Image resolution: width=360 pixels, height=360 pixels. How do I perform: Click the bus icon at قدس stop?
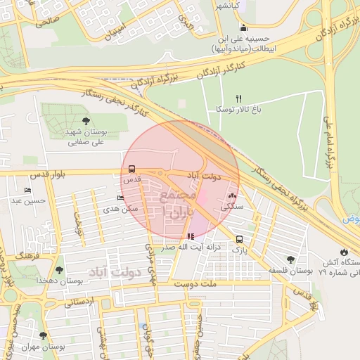click(x=131, y=169)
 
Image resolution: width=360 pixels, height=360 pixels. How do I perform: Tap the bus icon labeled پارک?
click(x=240, y=239)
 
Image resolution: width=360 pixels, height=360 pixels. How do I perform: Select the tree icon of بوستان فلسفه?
click(x=290, y=259)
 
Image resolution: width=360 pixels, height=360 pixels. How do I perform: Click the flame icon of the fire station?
click(x=343, y=252)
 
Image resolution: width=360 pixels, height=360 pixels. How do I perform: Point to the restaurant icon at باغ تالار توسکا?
click(x=239, y=98)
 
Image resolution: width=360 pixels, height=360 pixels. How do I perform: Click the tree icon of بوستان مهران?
click(x=44, y=336)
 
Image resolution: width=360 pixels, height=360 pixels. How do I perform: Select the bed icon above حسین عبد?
click(x=27, y=191)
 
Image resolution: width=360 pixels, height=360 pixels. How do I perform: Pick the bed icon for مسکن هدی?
click(x=120, y=198)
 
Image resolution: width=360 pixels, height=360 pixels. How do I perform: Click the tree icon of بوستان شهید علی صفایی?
click(x=86, y=121)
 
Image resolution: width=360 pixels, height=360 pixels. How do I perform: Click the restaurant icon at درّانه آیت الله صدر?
click(x=191, y=236)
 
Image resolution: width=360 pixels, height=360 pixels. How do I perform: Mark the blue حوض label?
click(x=352, y=219)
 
